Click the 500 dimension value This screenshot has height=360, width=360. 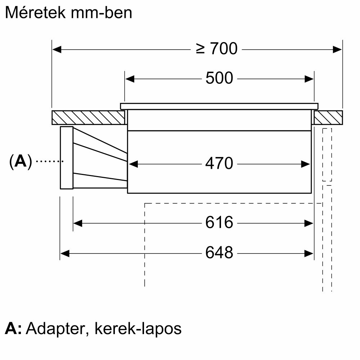219,78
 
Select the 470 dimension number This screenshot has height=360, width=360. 219,163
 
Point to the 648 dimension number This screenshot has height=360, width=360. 219,253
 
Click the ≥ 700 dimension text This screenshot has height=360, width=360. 217,49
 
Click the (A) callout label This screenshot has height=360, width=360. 21,161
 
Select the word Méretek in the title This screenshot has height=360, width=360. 35,13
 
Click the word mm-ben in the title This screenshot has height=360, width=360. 101,13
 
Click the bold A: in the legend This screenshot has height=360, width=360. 13,329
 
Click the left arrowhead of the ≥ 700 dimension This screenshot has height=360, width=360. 57,49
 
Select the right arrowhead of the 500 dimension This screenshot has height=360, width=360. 309,79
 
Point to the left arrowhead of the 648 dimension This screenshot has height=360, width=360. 65,254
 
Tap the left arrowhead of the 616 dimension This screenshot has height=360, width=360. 78,223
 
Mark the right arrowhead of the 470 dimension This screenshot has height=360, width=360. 306,164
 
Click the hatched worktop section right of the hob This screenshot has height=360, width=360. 328,118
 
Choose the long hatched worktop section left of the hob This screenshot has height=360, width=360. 88,118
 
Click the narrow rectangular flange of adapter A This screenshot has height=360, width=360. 67,158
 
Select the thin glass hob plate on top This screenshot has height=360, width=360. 219,106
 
